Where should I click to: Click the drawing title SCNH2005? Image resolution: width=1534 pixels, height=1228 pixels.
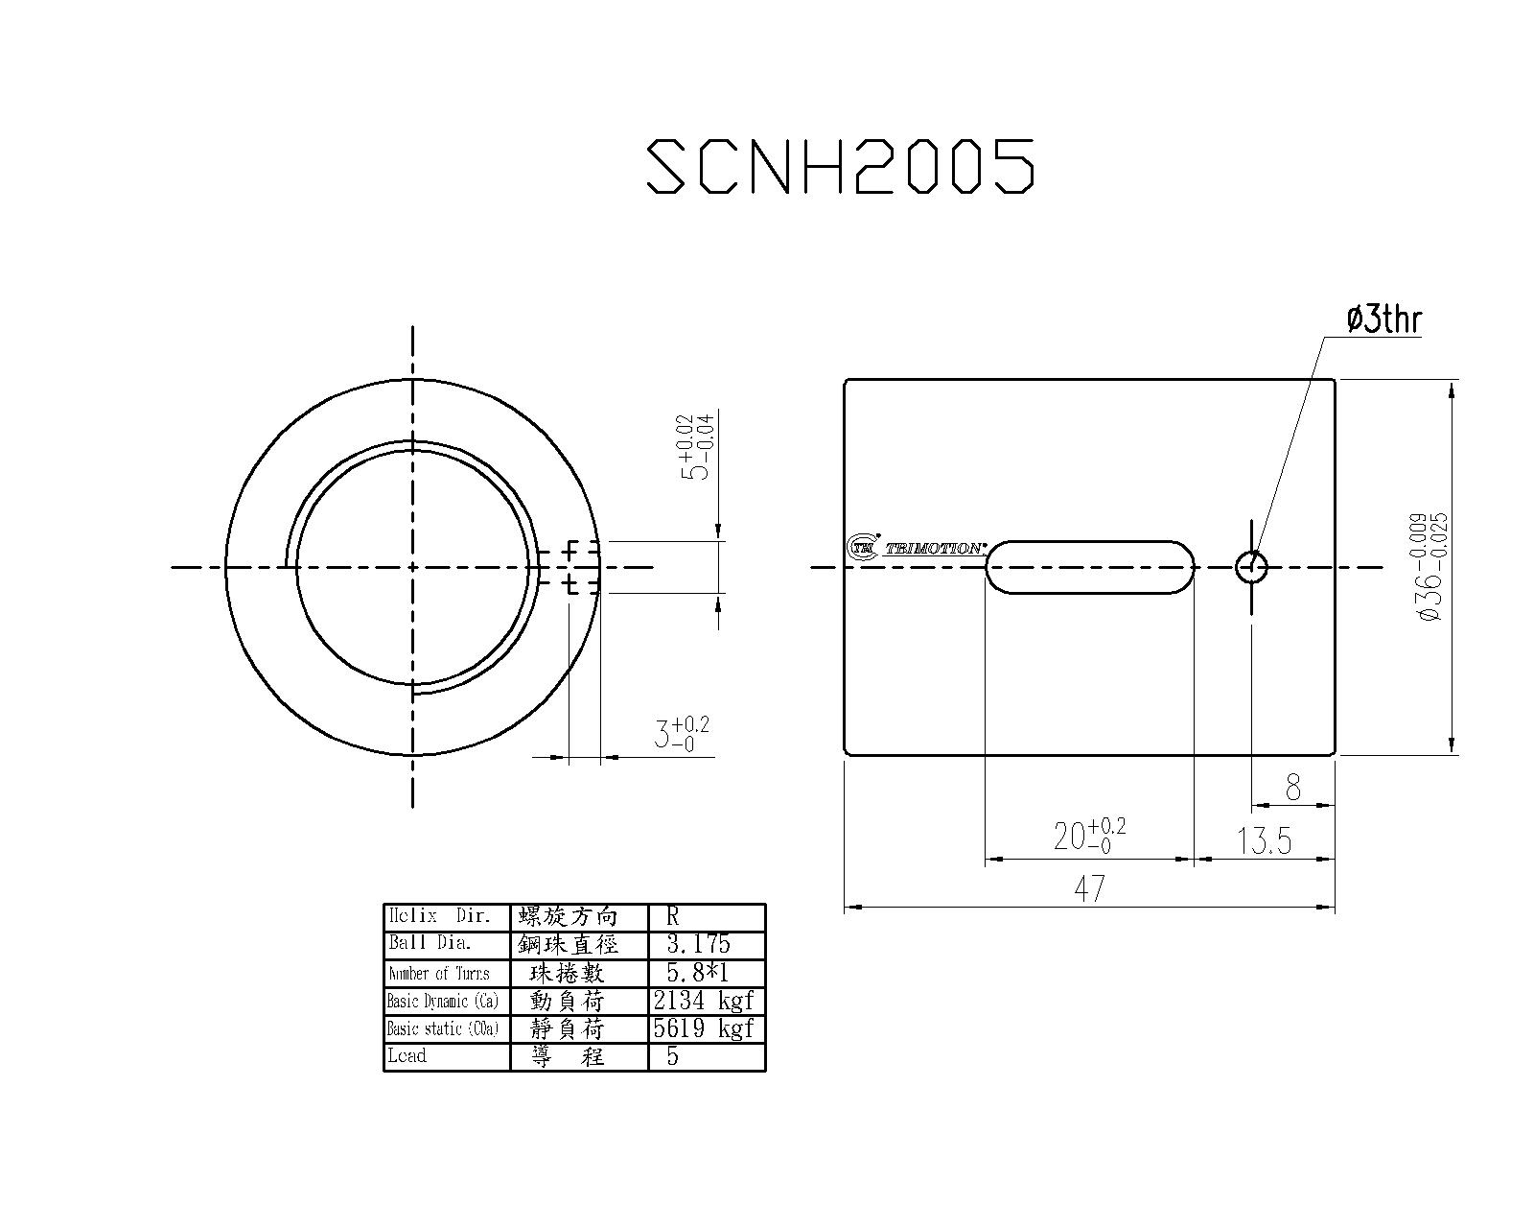click(x=841, y=166)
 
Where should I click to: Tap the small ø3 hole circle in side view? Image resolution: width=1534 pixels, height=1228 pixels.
click(x=1251, y=567)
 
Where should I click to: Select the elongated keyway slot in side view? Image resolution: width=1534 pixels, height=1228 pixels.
click(x=1090, y=567)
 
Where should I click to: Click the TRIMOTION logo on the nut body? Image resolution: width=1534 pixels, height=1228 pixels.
click(x=918, y=548)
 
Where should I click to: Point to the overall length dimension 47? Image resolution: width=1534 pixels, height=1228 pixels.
click(x=1089, y=888)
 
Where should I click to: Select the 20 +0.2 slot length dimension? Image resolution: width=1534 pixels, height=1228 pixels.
click(x=1088, y=835)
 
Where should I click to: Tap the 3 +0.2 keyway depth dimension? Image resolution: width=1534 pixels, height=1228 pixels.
click(x=681, y=734)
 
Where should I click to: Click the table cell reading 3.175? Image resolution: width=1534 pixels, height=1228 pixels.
click(x=698, y=944)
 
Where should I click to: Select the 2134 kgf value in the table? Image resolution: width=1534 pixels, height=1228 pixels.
click(x=705, y=1001)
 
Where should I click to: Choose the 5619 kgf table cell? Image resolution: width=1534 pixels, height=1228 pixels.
click(x=705, y=1028)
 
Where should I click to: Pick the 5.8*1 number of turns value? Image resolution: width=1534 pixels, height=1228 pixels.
click(x=697, y=973)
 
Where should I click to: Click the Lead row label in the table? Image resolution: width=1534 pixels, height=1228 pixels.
click(x=407, y=1056)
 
